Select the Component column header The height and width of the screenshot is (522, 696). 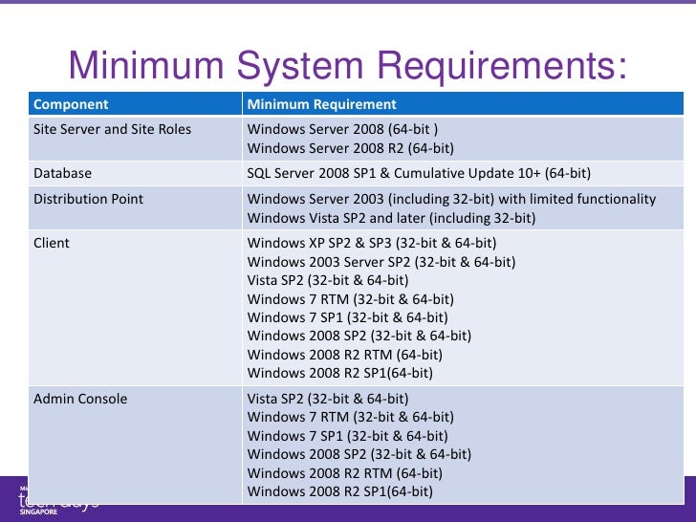tap(71, 104)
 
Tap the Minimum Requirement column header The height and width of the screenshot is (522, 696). tap(321, 104)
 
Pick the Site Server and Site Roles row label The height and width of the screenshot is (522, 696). tap(112, 129)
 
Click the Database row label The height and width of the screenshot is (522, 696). tap(62, 173)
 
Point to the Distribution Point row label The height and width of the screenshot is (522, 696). tap(88, 199)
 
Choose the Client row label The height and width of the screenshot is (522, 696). tap(52, 243)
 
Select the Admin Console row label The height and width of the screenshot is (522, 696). tap(80, 398)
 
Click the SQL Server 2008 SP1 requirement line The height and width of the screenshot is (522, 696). tap(419, 173)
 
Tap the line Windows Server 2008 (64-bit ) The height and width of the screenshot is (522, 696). tap(342, 129)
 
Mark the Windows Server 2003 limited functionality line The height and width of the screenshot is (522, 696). tap(451, 199)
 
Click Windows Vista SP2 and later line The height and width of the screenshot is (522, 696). tap(391, 218)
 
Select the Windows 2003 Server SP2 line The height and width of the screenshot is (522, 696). tap(381, 261)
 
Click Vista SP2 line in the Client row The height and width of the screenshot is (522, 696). tap(328, 280)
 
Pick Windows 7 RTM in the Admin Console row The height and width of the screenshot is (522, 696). tap(350, 417)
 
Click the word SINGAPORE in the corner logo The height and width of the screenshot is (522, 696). tap(38, 512)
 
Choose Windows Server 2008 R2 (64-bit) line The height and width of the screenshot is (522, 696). tap(350, 148)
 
